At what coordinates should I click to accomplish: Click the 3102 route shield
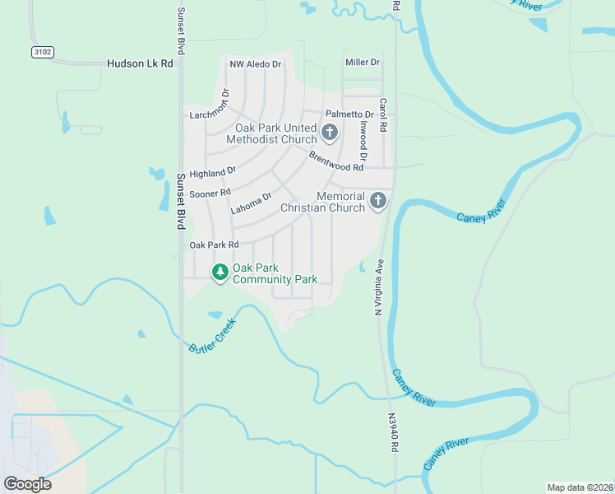tap(43, 52)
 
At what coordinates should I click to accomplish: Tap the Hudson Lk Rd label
tap(140, 63)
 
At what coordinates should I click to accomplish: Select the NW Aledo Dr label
tap(255, 63)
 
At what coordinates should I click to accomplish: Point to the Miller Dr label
tap(363, 62)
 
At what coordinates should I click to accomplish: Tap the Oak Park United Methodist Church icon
tap(329, 133)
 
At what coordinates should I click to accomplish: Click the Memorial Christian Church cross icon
tap(377, 201)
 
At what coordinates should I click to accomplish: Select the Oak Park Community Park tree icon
tap(220, 272)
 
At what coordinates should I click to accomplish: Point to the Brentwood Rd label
tap(335, 161)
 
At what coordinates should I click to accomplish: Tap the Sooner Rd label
tap(210, 193)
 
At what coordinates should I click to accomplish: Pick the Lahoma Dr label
tap(251, 203)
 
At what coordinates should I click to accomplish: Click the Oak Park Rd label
tap(214, 245)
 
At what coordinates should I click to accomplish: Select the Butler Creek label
tap(211, 338)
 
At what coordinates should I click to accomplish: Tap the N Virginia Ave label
tap(379, 287)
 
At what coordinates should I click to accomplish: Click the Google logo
tap(27, 484)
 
